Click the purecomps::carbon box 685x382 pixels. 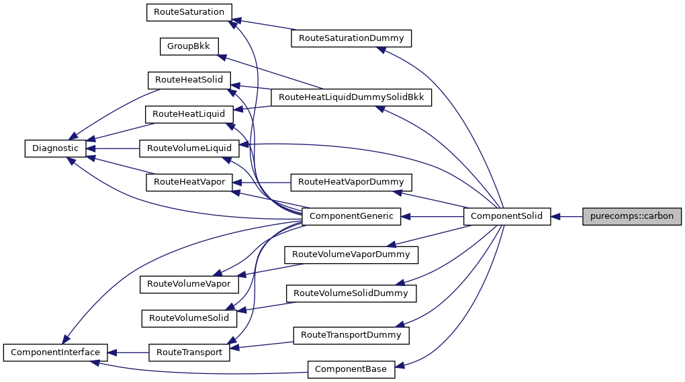tap(632, 216)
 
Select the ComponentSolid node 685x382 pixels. tap(507, 216)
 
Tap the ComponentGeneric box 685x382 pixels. tap(352, 216)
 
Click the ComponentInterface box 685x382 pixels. tap(55, 352)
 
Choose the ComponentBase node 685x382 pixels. tap(351, 369)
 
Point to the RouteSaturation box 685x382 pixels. tap(189, 12)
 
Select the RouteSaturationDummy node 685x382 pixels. tap(351, 38)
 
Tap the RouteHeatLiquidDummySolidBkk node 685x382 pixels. tap(351, 97)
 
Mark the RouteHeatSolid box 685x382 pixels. tap(189, 80)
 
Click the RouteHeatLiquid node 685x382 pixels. tap(189, 114)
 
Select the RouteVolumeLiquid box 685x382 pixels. tap(189, 148)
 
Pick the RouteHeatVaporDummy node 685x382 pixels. tap(351, 182)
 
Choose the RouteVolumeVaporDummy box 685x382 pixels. tap(351, 254)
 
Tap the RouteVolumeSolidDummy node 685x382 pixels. tap(351, 293)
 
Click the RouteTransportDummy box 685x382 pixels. tap(351, 334)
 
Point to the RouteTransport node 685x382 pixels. tap(189, 352)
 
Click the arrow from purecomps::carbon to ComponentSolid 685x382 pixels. tap(567, 216)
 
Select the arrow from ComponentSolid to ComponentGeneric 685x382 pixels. tap(432, 216)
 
